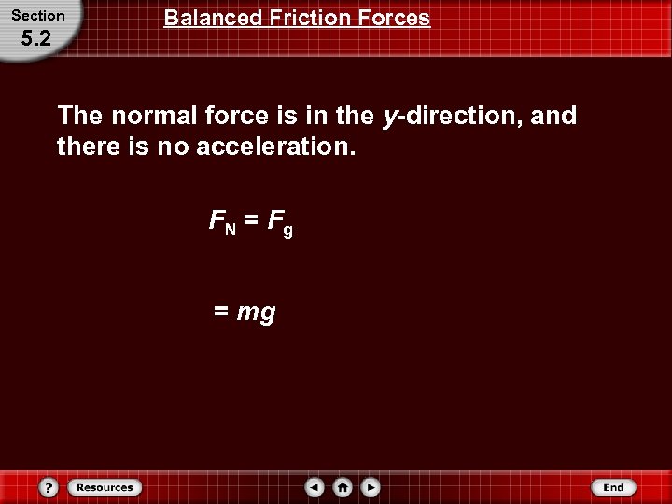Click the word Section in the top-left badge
coord(38,16)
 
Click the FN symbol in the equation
coord(222,222)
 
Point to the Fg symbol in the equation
coord(280,224)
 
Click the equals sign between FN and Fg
coord(250,221)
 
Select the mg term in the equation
coord(257,313)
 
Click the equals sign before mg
coord(221,312)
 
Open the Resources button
coord(105,487)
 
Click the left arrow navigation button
coord(315,487)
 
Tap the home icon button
coord(343,487)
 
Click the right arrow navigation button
coord(371,487)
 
